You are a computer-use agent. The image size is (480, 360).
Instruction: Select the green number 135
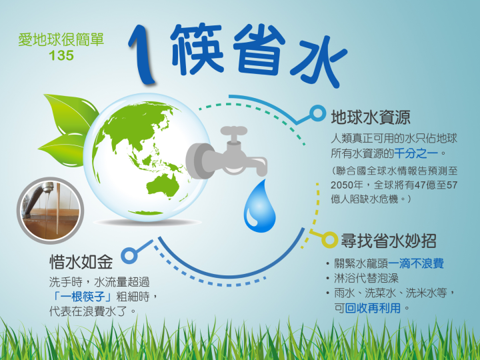pos(61,55)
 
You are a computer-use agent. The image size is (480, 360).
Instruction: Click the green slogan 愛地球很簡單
pos(61,40)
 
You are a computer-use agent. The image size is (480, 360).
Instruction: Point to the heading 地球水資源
pos(371,117)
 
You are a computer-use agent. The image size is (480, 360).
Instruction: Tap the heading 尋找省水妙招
pos(389,241)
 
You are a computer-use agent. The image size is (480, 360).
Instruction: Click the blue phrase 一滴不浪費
pos(416,263)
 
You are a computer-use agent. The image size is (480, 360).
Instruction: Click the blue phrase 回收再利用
pos(373,307)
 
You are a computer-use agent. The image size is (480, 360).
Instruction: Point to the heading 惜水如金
pos(81,262)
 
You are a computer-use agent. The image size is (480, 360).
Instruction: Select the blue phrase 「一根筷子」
pos(82,296)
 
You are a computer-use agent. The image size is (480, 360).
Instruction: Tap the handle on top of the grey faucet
pos(234,131)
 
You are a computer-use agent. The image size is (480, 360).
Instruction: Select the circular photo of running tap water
pos(51,211)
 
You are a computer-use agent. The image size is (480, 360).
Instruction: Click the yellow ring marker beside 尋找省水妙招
pos(330,240)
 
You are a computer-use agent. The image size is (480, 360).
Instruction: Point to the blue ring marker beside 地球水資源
pos(317,113)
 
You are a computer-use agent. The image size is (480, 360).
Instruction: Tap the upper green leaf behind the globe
pos(71,113)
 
